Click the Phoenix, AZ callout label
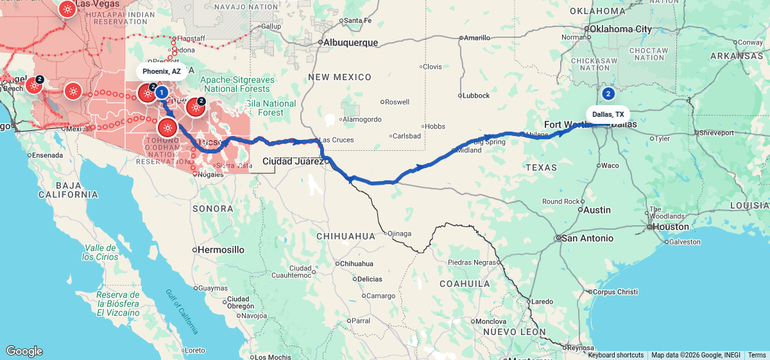click(x=162, y=71)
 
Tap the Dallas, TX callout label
click(x=608, y=114)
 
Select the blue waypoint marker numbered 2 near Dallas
click(x=608, y=94)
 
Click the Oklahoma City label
click(x=620, y=29)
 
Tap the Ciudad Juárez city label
click(x=293, y=162)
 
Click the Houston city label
click(x=671, y=227)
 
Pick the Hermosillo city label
click(x=220, y=249)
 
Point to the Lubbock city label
click(x=475, y=96)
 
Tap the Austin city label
click(x=597, y=210)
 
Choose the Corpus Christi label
click(x=615, y=291)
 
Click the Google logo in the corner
click(x=24, y=351)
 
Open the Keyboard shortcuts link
click(x=615, y=355)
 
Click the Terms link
click(x=757, y=355)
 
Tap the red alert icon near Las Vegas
click(x=67, y=9)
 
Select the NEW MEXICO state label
click(x=339, y=77)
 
